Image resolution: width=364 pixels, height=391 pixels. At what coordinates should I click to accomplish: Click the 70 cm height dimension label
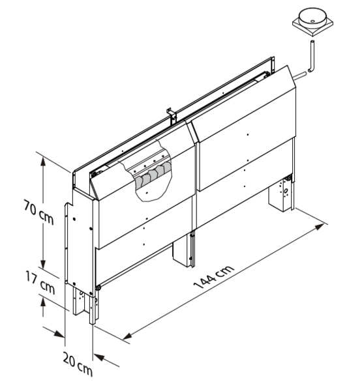pyautogui.click(x=38, y=212)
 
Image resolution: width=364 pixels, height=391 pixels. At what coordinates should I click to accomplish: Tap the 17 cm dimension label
pyautogui.click(x=40, y=283)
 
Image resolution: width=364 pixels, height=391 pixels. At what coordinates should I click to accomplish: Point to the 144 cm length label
pyautogui.click(x=214, y=277)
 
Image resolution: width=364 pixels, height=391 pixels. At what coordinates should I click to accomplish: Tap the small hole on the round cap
pyautogui.click(x=312, y=22)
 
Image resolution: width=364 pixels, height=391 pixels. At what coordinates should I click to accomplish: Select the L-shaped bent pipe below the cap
pyautogui.click(x=312, y=57)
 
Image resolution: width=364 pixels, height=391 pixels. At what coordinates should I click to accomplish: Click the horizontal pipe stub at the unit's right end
pyautogui.click(x=299, y=76)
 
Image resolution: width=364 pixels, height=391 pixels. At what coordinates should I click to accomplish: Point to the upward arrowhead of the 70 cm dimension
pyautogui.click(x=44, y=161)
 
